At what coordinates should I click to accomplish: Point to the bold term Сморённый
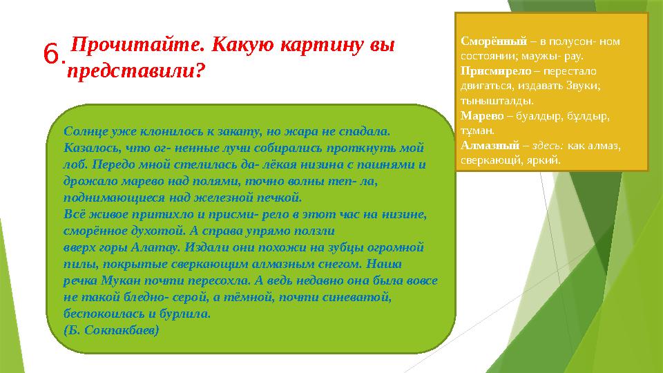[x=493, y=41]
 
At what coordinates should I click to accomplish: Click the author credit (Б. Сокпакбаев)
[x=110, y=329]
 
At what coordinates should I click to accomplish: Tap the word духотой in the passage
[x=149, y=231]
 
